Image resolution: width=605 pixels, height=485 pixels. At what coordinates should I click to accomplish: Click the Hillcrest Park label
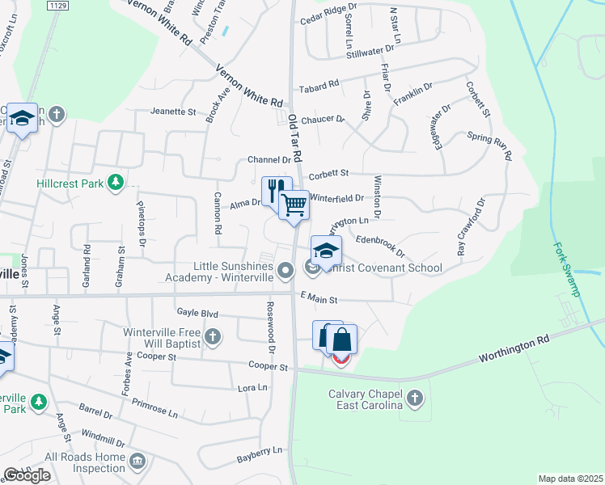pos(70,183)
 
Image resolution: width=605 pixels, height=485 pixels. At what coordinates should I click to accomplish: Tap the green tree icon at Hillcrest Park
pos(116,183)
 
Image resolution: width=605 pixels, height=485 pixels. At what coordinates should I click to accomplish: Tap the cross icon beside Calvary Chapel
pos(414,398)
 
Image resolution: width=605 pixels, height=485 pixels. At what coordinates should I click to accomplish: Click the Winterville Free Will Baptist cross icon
pos(212,336)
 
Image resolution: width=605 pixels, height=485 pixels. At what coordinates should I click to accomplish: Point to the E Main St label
pos(317,299)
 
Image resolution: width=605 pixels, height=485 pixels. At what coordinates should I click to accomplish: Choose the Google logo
pos(26,475)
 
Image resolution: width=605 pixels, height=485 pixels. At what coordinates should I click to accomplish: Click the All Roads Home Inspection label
pos(85,462)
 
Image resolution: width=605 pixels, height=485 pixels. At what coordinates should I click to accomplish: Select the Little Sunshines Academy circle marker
pos(285,271)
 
